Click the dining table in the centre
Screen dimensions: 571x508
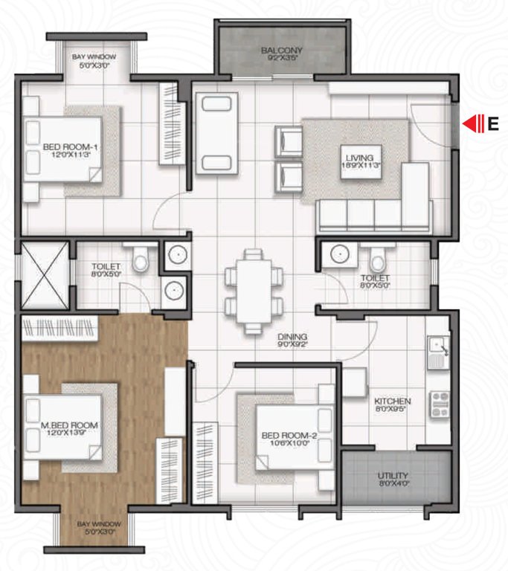(x=254, y=290)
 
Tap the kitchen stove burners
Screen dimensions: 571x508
(x=439, y=403)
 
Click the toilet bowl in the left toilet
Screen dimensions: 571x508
(x=138, y=259)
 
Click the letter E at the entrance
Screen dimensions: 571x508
(x=492, y=124)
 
